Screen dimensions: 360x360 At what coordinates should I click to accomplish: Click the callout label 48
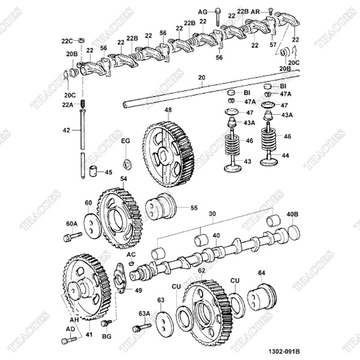[168, 110]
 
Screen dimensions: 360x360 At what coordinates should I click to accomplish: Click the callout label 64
[261, 273]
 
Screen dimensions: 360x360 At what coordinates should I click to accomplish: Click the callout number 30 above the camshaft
[211, 214]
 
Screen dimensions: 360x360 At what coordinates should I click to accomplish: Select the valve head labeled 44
[269, 161]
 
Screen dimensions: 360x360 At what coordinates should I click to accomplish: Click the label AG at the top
[202, 11]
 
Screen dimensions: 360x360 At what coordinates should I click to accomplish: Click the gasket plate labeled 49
[121, 283]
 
